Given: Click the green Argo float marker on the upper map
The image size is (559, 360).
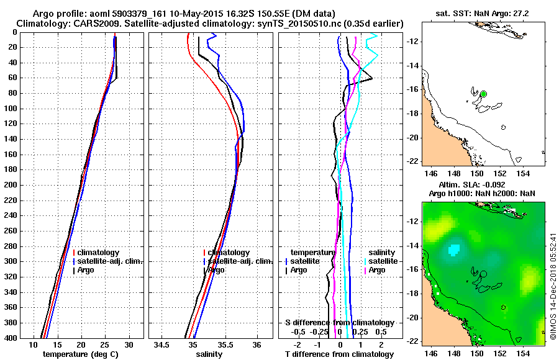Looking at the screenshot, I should (484, 94).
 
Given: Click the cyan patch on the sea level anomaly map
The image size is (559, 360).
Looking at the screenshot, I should (455, 250).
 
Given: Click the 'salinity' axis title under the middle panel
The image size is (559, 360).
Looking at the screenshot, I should (210, 354).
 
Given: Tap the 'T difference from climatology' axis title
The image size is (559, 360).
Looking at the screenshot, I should (340, 354).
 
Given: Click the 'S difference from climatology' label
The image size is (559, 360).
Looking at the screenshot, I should (340, 323).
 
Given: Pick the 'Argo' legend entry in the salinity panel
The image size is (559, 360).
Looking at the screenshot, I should (217, 270).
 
